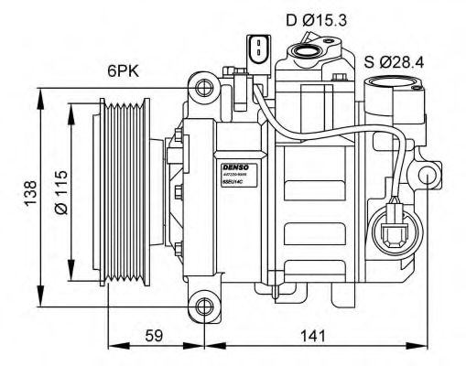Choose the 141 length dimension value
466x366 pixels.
pos(313,336)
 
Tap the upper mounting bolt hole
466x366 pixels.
pos(203,89)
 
